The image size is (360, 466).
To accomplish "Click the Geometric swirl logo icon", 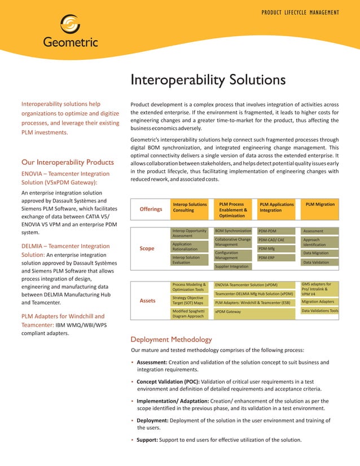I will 71,24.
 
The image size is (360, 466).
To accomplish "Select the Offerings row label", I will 151,209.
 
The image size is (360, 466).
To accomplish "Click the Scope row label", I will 147,248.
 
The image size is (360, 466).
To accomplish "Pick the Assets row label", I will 148,301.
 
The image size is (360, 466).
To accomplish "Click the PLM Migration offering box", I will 320,205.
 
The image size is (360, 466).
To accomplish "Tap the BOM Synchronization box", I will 233,231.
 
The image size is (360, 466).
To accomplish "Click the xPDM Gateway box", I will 254,311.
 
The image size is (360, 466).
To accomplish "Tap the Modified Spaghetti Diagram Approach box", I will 189,314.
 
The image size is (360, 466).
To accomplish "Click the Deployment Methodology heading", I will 171,340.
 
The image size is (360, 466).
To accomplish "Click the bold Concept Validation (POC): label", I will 168,382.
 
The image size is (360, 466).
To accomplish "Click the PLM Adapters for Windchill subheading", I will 63,316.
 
